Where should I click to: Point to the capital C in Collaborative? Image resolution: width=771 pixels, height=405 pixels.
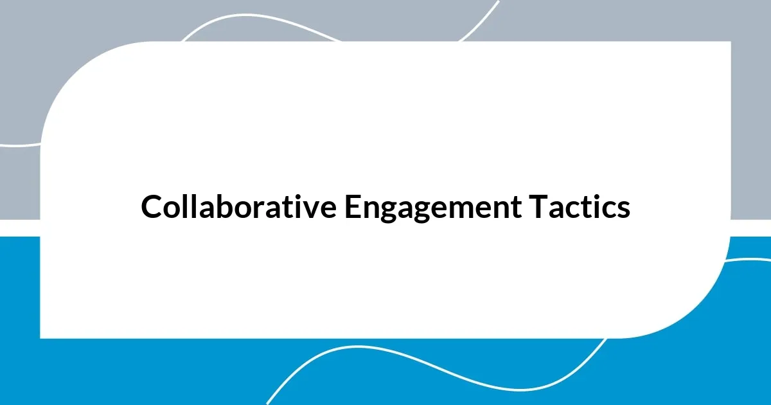point(152,207)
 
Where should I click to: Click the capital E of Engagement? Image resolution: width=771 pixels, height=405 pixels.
point(351,207)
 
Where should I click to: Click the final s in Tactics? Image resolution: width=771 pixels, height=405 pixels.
point(623,210)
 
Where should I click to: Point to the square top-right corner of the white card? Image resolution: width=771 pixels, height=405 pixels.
point(730,42)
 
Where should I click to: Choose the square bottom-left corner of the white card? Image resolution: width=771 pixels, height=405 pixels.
point(41,337)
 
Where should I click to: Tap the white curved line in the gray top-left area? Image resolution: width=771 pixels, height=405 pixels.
point(19,145)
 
